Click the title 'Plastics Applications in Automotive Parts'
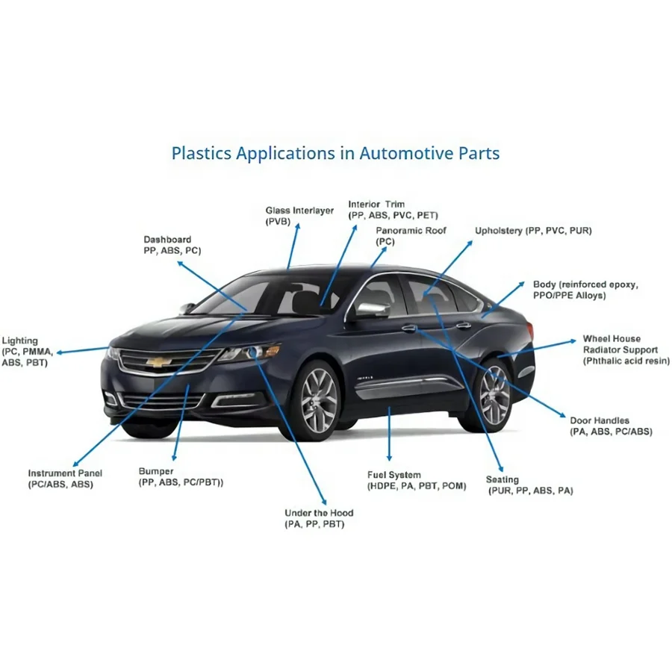click(335, 153)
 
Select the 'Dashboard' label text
click(167, 240)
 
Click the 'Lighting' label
click(19, 340)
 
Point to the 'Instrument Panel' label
click(65, 473)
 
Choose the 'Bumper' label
click(156, 471)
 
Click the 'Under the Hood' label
click(319, 513)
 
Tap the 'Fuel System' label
click(393, 475)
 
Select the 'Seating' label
click(503, 479)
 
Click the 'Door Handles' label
click(600, 420)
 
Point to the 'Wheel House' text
click(612, 338)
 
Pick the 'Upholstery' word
click(499, 231)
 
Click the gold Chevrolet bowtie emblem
click(159, 363)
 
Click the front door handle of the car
click(409, 328)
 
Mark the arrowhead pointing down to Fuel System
click(389, 457)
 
